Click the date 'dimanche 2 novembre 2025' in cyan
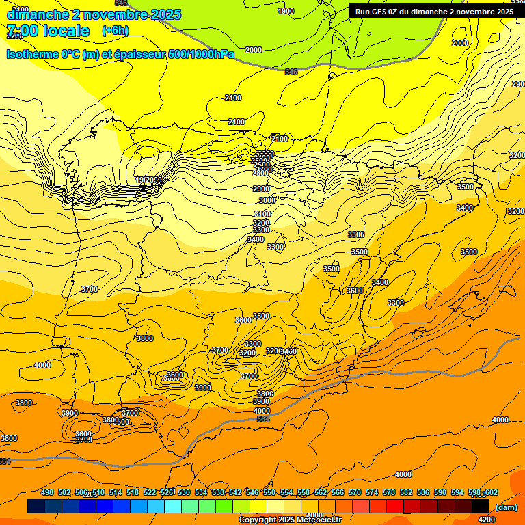[94, 14]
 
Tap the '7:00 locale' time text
[48, 31]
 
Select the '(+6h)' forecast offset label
[115, 31]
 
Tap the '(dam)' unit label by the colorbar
[506, 507]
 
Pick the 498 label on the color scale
[47, 493]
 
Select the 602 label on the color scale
[492, 493]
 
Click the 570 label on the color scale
[355, 493]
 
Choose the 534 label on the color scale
[201, 493]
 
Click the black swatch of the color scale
[481, 507]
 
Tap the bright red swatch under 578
[395, 507]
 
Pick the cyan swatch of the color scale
[173, 507]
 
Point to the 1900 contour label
[286, 11]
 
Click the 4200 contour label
[487, 520]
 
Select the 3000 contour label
[267, 200]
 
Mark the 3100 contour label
[262, 214]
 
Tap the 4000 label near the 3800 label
[262, 411]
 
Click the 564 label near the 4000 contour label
[263, 419]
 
